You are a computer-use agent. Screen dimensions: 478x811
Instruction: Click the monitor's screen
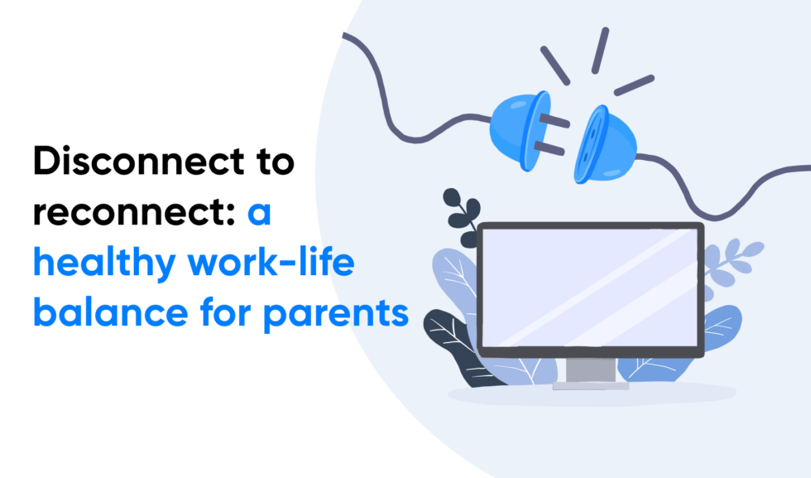click(x=590, y=287)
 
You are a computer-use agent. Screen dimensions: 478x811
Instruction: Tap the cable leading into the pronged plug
click(x=414, y=99)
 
